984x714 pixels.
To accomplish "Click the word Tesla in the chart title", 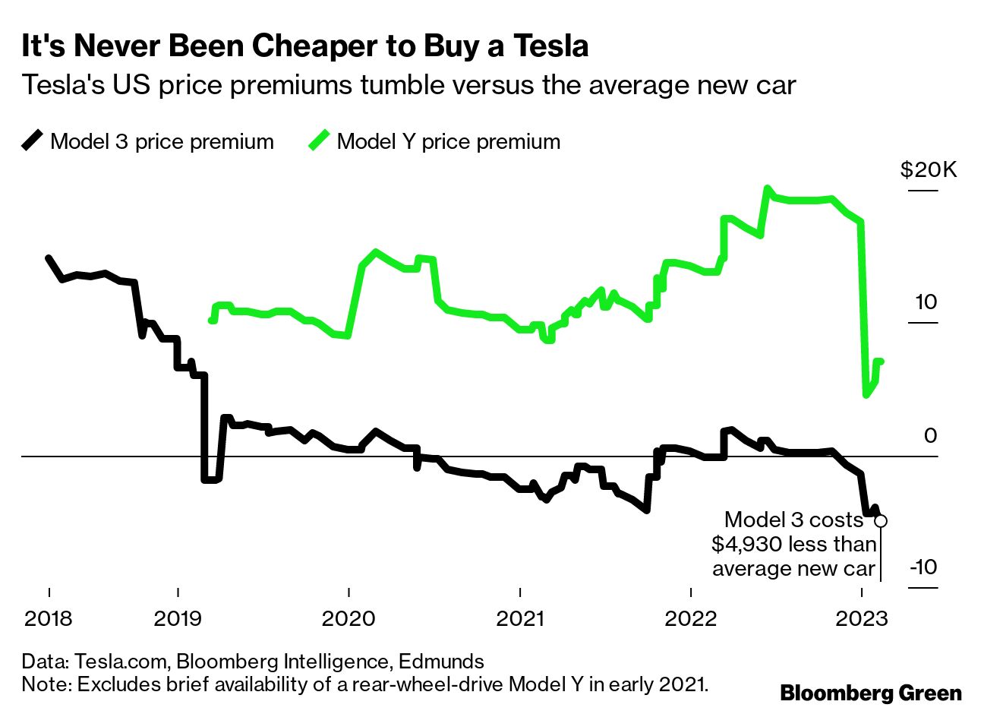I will tap(545, 46).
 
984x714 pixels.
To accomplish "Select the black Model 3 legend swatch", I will tap(32, 141).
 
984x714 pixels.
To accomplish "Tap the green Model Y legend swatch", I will tap(319, 141).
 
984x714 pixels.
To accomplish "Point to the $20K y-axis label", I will tap(929, 169).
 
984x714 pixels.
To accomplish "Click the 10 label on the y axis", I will tap(926, 302).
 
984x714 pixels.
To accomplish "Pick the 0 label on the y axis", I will tap(930, 435).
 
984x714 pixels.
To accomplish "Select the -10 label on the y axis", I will tap(922, 567).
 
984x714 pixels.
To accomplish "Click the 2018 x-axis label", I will tap(49, 618).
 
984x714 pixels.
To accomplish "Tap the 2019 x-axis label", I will tap(178, 618).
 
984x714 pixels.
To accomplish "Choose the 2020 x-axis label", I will tap(348, 618).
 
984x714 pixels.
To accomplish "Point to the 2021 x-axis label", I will tap(520, 618).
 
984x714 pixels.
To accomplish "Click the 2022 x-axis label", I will tap(691, 618).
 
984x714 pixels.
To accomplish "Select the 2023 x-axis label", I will tap(861, 618).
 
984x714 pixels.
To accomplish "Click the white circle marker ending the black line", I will tap(881, 520).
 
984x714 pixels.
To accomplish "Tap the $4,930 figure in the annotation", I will tap(748, 544).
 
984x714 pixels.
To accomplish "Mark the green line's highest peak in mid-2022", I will tap(768, 188).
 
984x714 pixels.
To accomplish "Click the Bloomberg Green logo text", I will tap(871, 693).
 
